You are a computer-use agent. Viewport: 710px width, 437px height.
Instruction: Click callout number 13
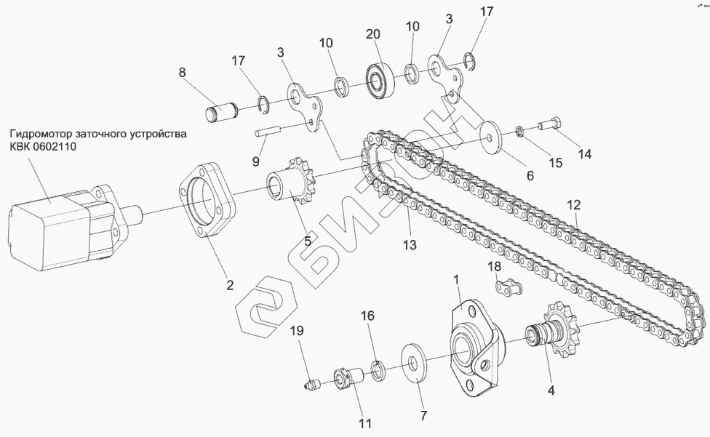(410, 245)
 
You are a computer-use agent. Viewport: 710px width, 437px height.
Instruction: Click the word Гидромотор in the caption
(40, 135)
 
